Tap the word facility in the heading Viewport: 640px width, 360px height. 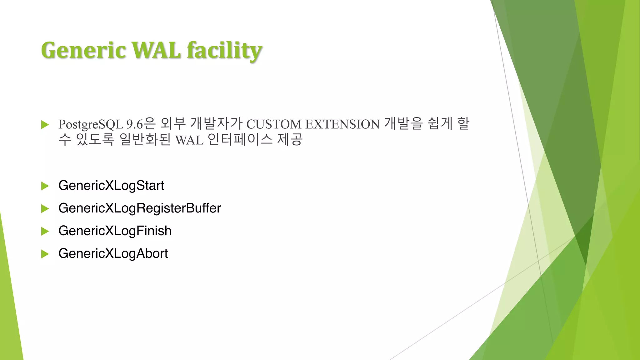[224, 51]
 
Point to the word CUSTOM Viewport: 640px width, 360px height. [274, 124]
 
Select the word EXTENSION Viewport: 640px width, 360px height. [342, 124]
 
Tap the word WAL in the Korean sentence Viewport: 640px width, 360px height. [189, 140]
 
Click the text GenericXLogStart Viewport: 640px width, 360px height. [111, 186]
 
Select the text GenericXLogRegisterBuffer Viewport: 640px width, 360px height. [139, 208]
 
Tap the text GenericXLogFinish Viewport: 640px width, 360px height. [115, 231]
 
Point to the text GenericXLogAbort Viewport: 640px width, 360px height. [113, 253]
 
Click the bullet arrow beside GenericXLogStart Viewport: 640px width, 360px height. [45, 186]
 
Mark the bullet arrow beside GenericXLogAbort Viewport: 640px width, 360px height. [45, 254]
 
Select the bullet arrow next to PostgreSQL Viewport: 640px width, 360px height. [45, 125]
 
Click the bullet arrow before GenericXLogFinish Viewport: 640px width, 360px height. [45, 232]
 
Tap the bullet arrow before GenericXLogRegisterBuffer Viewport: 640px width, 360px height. [45, 209]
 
